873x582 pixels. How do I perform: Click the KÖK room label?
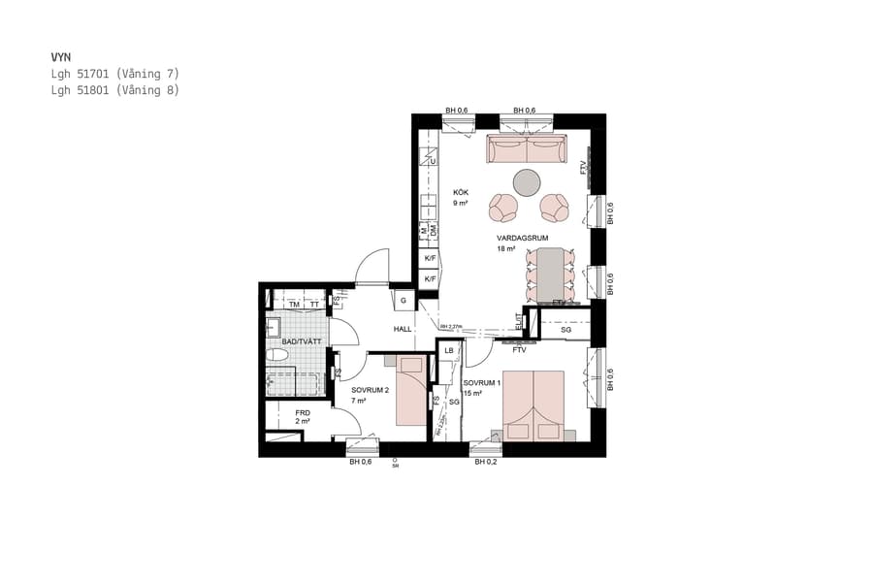(x=461, y=193)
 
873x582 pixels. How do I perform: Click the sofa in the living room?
(x=527, y=149)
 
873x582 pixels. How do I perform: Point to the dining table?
(x=551, y=274)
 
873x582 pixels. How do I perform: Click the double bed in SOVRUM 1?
(x=533, y=405)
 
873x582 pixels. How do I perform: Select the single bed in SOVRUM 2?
(x=411, y=390)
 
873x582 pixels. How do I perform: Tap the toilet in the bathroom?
(x=276, y=356)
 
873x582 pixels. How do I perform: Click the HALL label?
(x=403, y=329)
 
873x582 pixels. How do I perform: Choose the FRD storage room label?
(x=303, y=413)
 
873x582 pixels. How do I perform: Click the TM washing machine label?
(x=293, y=305)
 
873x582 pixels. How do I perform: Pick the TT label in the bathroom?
(x=314, y=305)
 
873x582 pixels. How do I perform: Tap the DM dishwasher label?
(x=434, y=231)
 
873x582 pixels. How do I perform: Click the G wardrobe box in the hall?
(x=403, y=301)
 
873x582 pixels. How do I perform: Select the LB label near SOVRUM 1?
(x=449, y=351)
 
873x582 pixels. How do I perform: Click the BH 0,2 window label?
(x=486, y=462)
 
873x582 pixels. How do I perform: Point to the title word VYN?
(x=61, y=57)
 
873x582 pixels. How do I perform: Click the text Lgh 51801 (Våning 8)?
(x=115, y=90)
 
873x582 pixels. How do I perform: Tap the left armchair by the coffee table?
(x=504, y=207)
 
